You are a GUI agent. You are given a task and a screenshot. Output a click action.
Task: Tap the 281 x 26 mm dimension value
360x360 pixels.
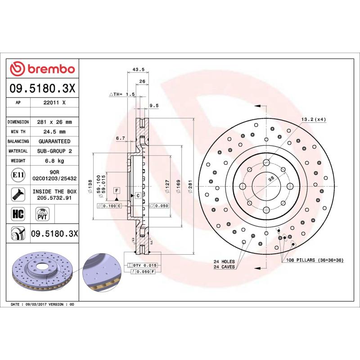pos(54,122)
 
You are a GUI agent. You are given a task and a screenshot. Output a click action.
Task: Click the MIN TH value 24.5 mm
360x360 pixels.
pos(54,132)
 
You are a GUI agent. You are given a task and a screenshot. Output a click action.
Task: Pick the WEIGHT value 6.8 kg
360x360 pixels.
pos(54,161)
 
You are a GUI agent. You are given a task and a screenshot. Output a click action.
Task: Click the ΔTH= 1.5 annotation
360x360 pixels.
pos(122,94)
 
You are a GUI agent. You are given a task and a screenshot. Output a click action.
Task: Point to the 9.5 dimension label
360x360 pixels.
pos(153,105)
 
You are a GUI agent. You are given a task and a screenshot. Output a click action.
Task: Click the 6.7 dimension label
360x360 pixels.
pos(120,139)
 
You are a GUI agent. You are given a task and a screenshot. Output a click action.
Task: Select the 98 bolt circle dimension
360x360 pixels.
pos(271,179)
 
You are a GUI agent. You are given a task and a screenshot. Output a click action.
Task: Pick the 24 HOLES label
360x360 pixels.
pos(224,261)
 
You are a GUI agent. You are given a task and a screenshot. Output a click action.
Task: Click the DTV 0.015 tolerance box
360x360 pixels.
pos(145,265)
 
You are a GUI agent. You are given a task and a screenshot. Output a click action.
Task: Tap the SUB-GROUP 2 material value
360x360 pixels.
pos(54,151)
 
